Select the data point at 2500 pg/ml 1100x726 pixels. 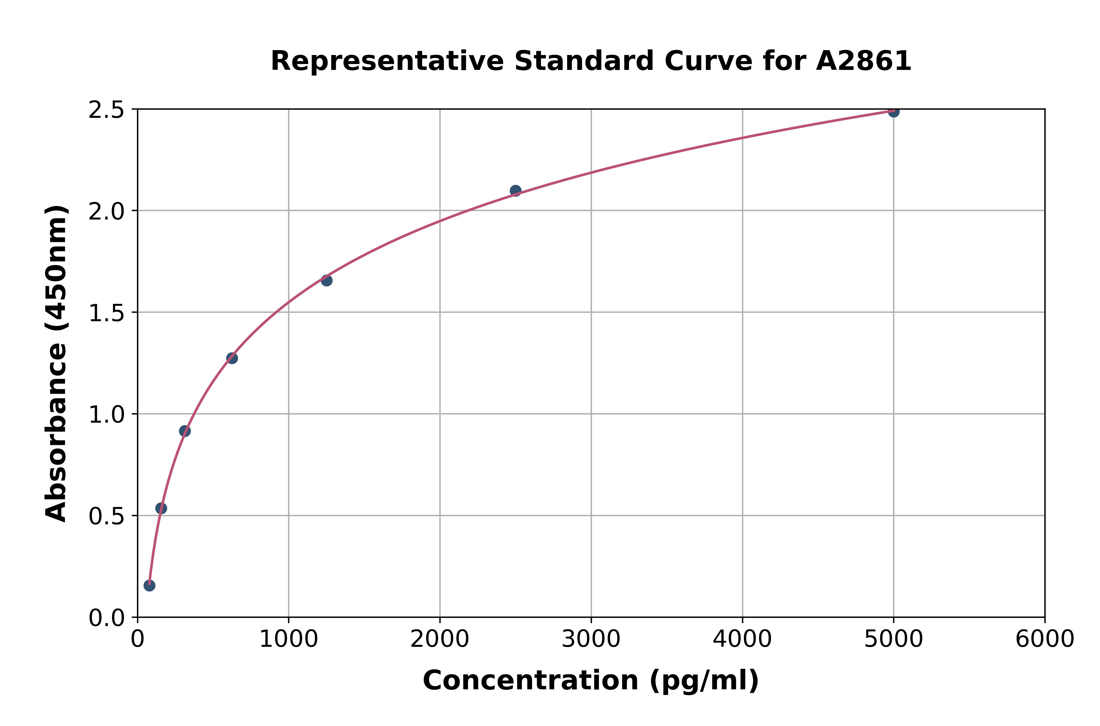pyautogui.click(x=515, y=191)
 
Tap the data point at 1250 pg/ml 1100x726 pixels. pyautogui.click(x=326, y=280)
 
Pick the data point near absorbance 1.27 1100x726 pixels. pyautogui.click(x=232, y=358)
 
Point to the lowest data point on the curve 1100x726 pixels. pyautogui.click(x=149, y=585)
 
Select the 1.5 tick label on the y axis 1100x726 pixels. pyautogui.click(x=107, y=313)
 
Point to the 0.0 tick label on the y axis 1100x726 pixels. pyautogui.click(x=107, y=618)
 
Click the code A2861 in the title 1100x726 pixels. pyautogui.click(x=863, y=61)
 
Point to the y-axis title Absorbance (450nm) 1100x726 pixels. pyautogui.click(x=56, y=363)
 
